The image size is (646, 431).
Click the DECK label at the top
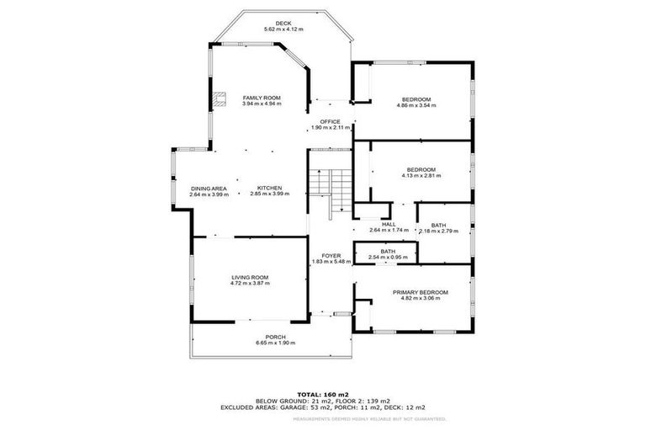pos(283,23)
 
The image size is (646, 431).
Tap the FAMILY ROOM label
pos(261,98)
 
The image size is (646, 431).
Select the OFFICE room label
pos(330,121)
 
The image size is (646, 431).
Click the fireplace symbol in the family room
pos(220,98)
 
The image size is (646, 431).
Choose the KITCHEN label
pos(269,188)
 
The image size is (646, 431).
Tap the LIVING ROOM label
pos(249,277)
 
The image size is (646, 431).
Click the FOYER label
pos(331,255)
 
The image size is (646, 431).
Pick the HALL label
pos(389,224)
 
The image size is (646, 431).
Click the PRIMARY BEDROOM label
pos(421,292)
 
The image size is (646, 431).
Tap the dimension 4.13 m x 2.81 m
pos(419,175)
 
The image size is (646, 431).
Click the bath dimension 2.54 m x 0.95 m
pos(388,257)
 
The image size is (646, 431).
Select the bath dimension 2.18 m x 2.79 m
pos(438,231)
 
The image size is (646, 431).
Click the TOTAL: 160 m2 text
pos(322,394)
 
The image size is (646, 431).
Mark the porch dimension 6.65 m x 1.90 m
pos(276,343)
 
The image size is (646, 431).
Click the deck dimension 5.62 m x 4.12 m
pos(283,29)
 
